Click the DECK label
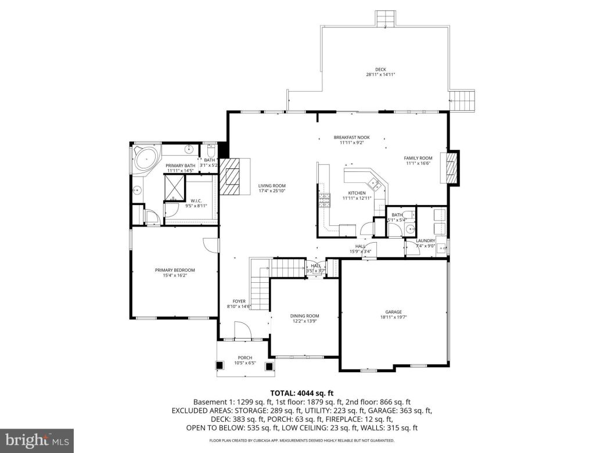coord(380,70)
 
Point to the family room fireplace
coord(451,167)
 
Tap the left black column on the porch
coord(220,365)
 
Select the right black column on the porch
coord(269,365)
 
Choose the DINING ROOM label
coord(305,316)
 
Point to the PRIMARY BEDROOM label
coord(174,270)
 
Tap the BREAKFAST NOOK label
coord(351,138)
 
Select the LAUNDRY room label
coord(426,240)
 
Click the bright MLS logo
coord(37,440)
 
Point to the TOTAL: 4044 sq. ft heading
coord(301,393)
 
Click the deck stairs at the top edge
coord(384,19)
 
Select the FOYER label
coord(239,301)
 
